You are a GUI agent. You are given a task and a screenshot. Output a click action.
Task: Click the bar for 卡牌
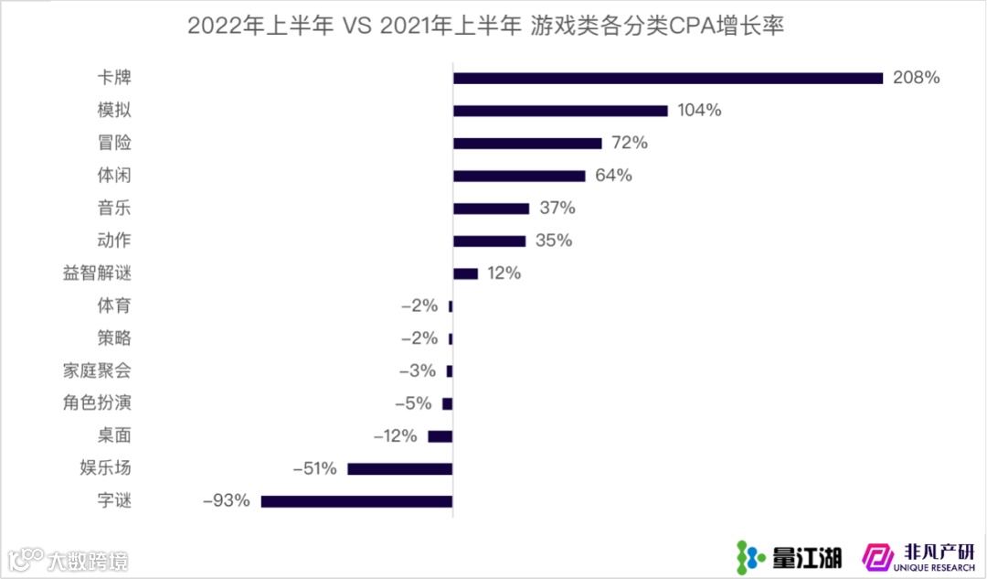(667, 78)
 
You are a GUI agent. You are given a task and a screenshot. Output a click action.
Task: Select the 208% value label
(917, 78)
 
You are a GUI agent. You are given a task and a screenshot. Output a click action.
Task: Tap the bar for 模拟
(560, 111)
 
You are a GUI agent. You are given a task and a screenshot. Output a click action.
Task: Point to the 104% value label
(700, 111)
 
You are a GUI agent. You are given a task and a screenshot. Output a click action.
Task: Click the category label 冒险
(114, 143)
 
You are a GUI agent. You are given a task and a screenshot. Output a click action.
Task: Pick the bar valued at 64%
(519, 176)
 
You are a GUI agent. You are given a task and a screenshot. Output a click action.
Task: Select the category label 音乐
(114, 208)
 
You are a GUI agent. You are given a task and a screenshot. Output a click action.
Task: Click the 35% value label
(554, 241)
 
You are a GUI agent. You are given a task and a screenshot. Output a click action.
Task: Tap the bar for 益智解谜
(465, 273)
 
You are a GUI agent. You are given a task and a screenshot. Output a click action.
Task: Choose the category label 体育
(114, 306)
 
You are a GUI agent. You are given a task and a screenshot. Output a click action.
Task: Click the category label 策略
(114, 338)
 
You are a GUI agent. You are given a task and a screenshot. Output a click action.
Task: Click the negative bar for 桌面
(440, 436)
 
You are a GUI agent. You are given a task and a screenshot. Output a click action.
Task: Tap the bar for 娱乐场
(399, 468)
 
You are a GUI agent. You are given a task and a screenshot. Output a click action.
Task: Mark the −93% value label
(226, 501)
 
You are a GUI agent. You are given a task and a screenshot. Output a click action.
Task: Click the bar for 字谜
(356, 501)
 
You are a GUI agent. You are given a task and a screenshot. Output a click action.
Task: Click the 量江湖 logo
(790, 554)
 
